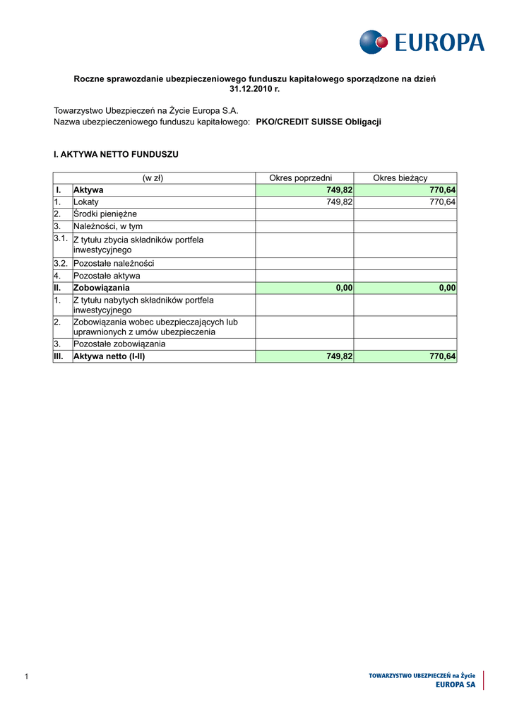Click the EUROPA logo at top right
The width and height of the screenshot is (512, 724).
click(422, 42)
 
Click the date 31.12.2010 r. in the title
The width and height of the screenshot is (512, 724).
click(255, 89)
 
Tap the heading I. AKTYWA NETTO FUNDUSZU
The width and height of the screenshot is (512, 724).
click(117, 154)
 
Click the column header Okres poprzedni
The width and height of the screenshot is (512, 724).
click(301, 178)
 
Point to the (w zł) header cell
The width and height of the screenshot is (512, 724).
click(153, 178)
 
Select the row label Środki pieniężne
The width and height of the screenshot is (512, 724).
click(105, 214)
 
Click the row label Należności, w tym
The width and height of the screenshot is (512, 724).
click(108, 226)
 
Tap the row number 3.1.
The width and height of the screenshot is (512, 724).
click(61, 239)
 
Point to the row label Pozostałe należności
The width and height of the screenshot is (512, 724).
click(114, 264)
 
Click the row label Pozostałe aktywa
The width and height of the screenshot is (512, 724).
click(107, 276)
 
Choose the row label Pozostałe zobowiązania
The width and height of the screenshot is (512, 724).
click(119, 344)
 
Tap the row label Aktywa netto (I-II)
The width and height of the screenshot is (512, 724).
click(109, 356)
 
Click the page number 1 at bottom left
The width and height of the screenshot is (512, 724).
click(26, 678)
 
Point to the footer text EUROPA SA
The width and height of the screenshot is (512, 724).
click(456, 686)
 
